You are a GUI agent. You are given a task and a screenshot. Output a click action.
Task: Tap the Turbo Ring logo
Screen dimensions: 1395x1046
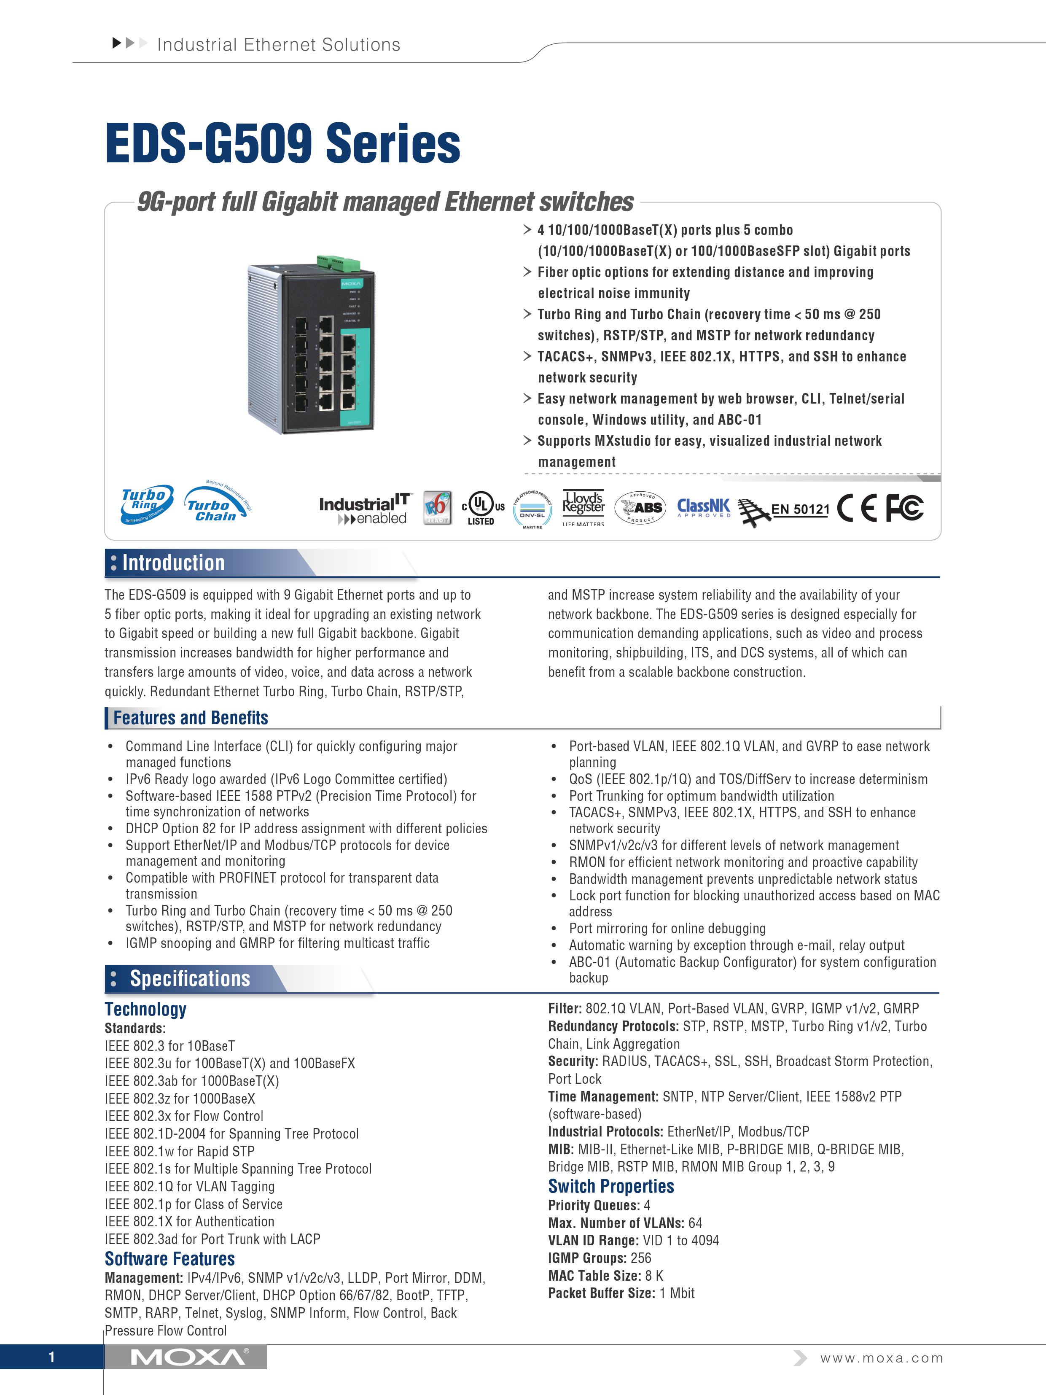click(x=146, y=504)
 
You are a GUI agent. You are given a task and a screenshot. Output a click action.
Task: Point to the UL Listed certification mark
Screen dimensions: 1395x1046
click(x=482, y=508)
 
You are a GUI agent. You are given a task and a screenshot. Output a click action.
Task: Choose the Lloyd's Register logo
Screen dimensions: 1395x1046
click(x=583, y=508)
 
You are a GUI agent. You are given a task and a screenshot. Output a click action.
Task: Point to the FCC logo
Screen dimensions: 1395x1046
click(x=904, y=508)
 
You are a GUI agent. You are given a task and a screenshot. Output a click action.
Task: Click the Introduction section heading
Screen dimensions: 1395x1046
click(x=173, y=563)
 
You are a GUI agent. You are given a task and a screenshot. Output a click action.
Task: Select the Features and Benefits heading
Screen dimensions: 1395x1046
click(x=191, y=718)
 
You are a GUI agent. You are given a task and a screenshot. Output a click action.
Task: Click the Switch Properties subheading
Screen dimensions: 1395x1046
click(x=610, y=1186)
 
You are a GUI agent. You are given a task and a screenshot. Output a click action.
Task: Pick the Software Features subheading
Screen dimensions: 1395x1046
click(x=169, y=1259)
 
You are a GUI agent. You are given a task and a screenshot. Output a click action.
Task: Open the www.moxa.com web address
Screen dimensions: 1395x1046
click(x=881, y=1358)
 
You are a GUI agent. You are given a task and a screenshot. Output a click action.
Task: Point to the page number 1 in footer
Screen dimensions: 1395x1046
click(x=52, y=1357)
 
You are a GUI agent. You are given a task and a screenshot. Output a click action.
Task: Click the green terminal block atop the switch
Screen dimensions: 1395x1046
click(x=339, y=261)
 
